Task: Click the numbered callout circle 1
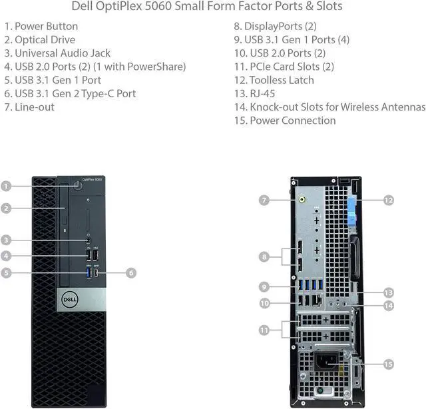click(6, 187)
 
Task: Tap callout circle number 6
click(131, 272)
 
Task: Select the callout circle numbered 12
click(388, 199)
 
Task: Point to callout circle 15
click(388, 364)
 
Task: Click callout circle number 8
click(264, 256)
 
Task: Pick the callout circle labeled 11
click(264, 330)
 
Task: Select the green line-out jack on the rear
click(302, 199)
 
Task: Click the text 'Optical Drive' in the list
click(45, 39)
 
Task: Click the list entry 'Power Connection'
click(292, 120)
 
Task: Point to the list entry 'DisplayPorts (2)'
click(280, 26)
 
